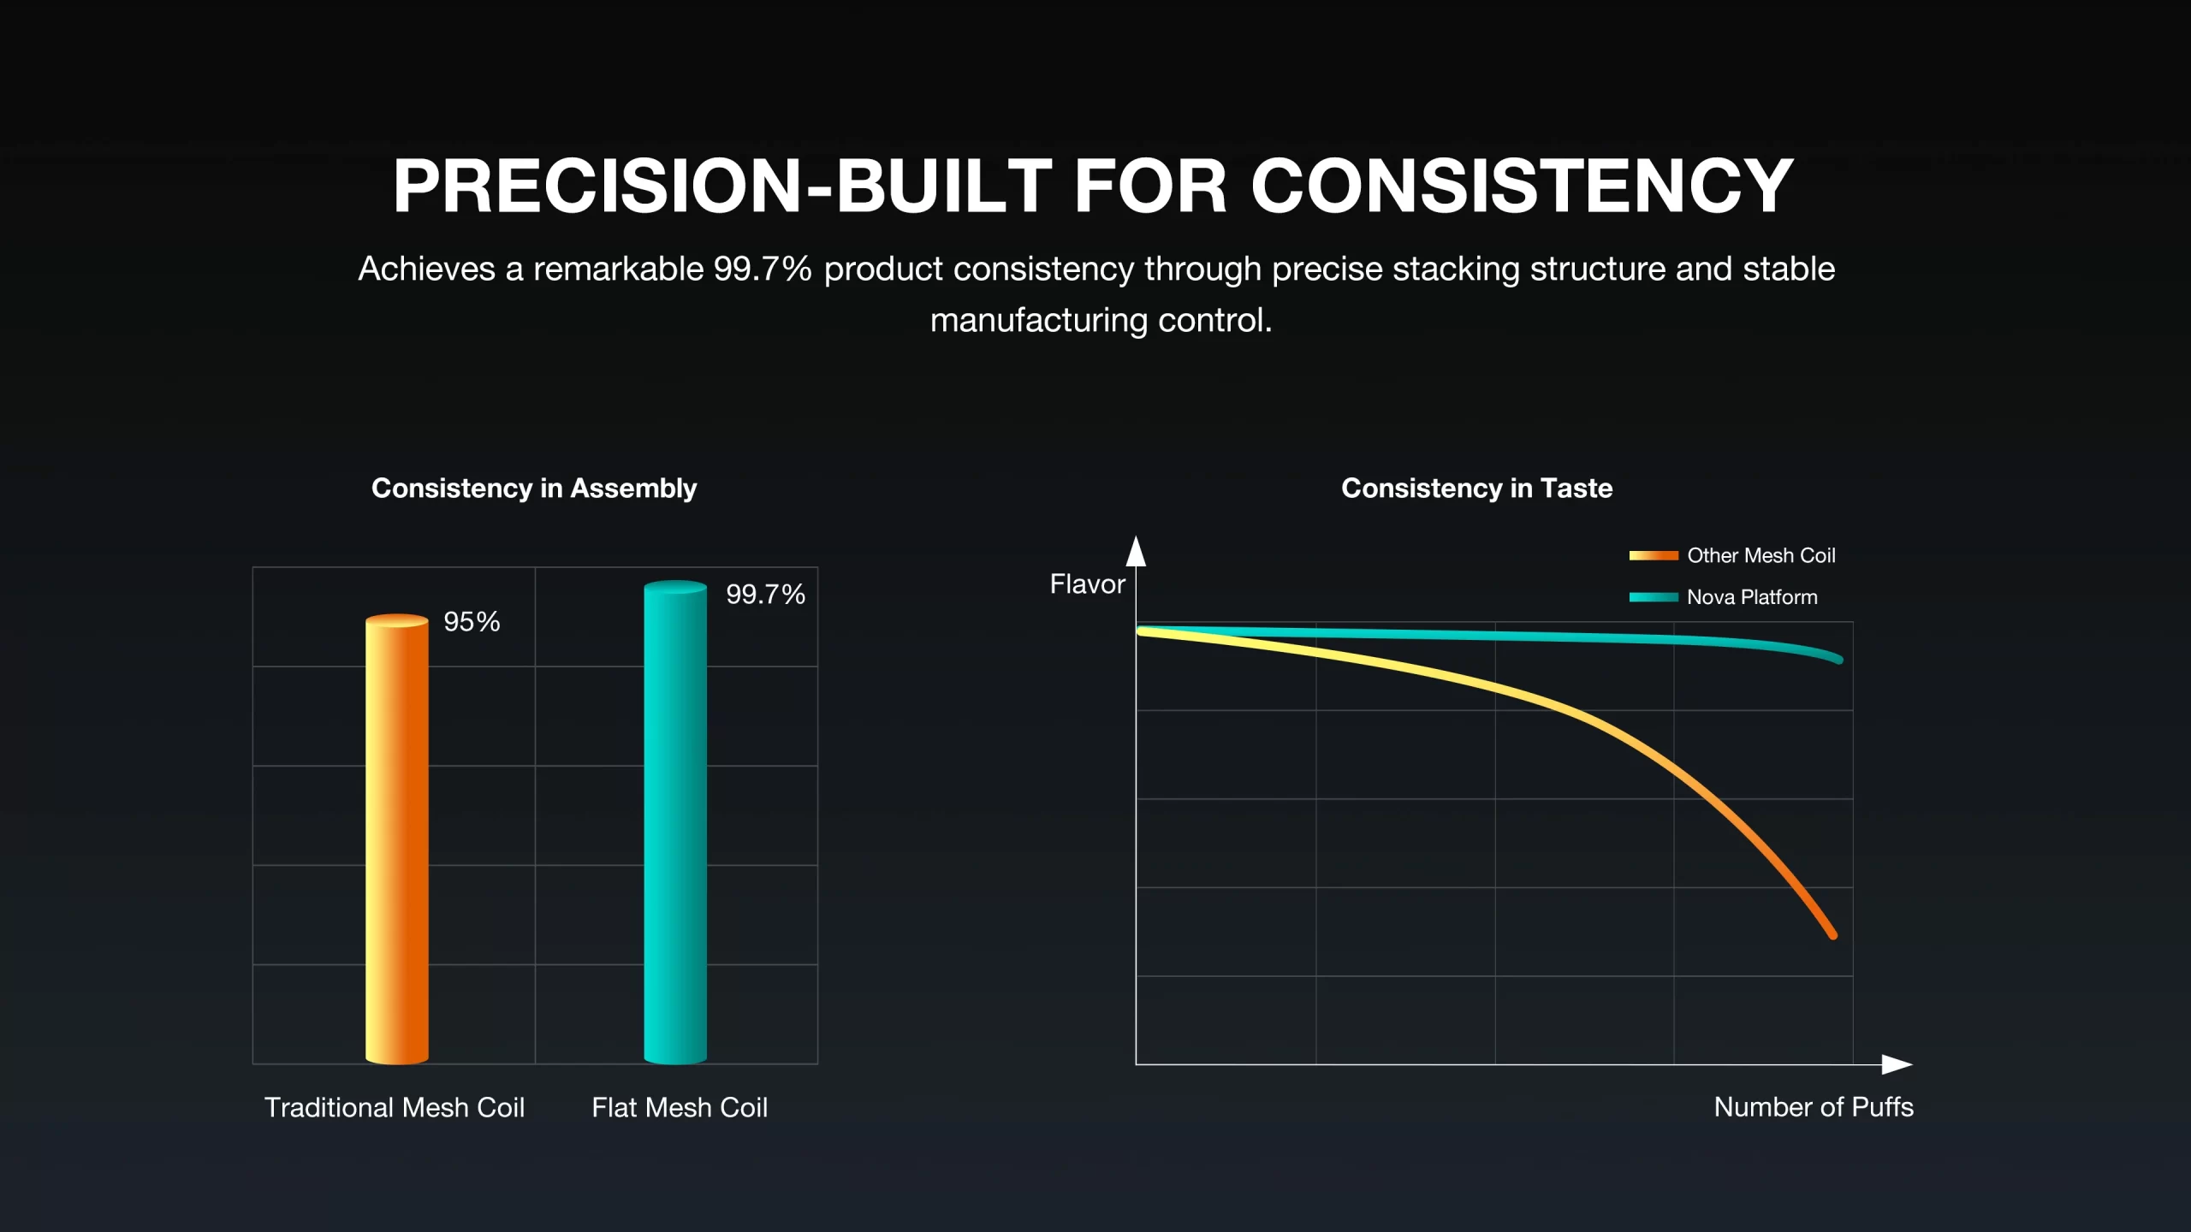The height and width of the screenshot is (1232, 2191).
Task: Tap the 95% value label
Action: pyautogui.click(x=472, y=622)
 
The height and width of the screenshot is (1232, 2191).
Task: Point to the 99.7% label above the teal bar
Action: pyautogui.click(x=765, y=595)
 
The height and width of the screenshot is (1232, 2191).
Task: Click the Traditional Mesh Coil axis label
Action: pyautogui.click(x=394, y=1107)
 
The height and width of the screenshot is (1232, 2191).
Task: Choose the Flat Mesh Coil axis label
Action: pyautogui.click(x=680, y=1107)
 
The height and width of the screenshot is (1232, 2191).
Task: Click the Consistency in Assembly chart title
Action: pyautogui.click(x=534, y=488)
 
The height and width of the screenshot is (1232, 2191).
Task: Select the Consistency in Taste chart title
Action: pyautogui.click(x=1476, y=488)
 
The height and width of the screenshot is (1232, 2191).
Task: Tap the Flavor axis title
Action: pyautogui.click(x=1087, y=584)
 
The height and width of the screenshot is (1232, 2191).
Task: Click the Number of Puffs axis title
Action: pyautogui.click(x=1813, y=1107)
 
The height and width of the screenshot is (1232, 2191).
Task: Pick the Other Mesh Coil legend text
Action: pyautogui.click(x=1761, y=555)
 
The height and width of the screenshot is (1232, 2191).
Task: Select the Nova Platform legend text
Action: pyautogui.click(x=1751, y=597)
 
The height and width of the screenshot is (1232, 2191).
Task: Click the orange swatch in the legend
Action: pyautogui.click(x=1653, y=555)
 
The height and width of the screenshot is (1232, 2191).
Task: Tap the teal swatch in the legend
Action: pyautogui.click(x=1653, y=597)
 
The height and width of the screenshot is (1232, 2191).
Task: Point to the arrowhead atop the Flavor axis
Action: pyautogui.click(x=1136, y=552)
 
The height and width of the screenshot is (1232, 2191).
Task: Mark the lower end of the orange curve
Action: pyautogui.click(x=1832, y=935)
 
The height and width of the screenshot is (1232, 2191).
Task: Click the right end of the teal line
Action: pyautogui.click(x=1838, y=660)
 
